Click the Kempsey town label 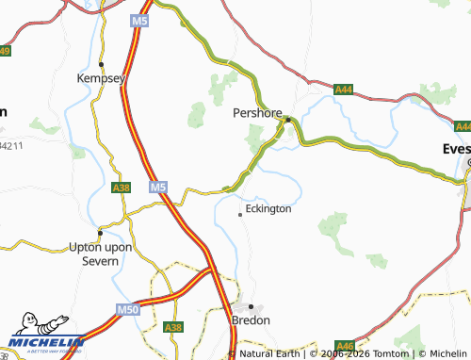pyautogui.click(x=101, y=80)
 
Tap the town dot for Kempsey pyautogui.click(x=101, y=64)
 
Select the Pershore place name pyautogui.click(x=258, y=112)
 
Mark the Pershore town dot pyautogui.click(x=288, y=119)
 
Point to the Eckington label pyautogui.click(x=268, y=208)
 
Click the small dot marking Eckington pyautogui.click(x=240, y=215)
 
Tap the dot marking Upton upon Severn pyautogui.click(x=101, y=232)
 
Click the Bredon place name pyautogui.click(x=251, y=320)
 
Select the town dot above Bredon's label pyautogui.click(x=251, y=306)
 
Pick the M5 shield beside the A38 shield pyautogui.click(x=158, y=188)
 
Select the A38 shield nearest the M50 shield pyautogui.click(x=172, y=327)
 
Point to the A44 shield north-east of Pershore pyautogui.click(x=344, y=89)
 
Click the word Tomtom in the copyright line pyautogui.click(x=393, y=353)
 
